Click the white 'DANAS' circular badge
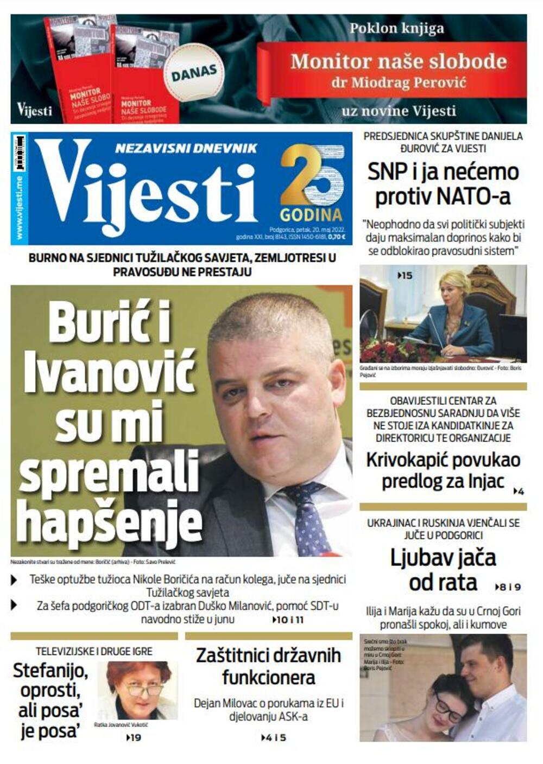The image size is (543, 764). coord(194,72)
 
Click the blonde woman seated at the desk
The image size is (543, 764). coord(454,315)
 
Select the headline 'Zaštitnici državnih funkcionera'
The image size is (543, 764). coord(268,666)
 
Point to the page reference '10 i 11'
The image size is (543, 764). coord(288,620)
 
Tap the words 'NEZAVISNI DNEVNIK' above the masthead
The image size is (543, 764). coord(186,148)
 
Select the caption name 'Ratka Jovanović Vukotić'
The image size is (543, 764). coord(121,725)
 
